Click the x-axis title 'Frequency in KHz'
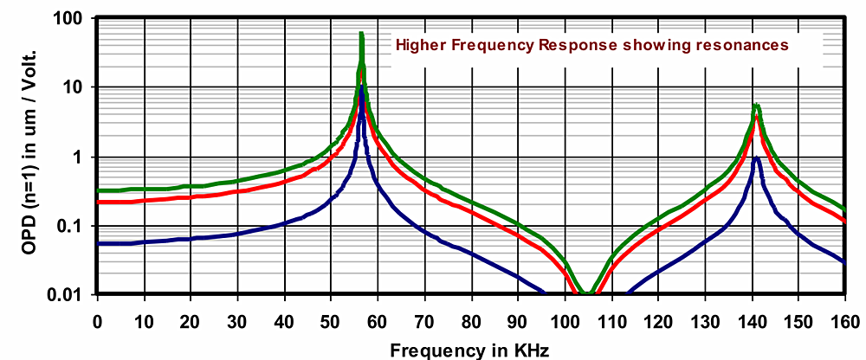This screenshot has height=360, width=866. (469, 350)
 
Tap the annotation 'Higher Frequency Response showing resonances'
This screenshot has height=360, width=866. (591, 44)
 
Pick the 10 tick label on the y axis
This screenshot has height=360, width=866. (76, 87)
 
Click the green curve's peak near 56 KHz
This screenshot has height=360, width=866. (360, 33)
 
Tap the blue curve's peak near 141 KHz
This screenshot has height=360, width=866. (757, 157)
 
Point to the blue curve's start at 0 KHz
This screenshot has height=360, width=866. (98, 244)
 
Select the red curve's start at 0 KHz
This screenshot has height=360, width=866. (98, 202)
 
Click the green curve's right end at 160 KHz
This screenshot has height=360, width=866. (844, 209)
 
